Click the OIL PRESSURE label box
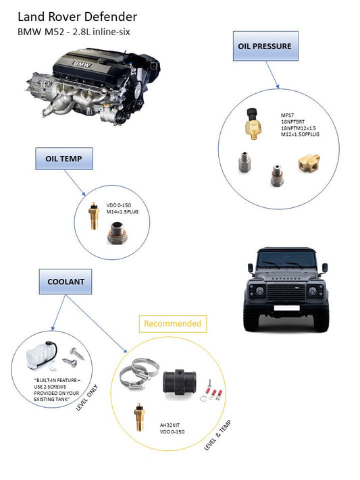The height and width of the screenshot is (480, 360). click(265, 47)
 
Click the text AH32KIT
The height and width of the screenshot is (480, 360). click(171, 424)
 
